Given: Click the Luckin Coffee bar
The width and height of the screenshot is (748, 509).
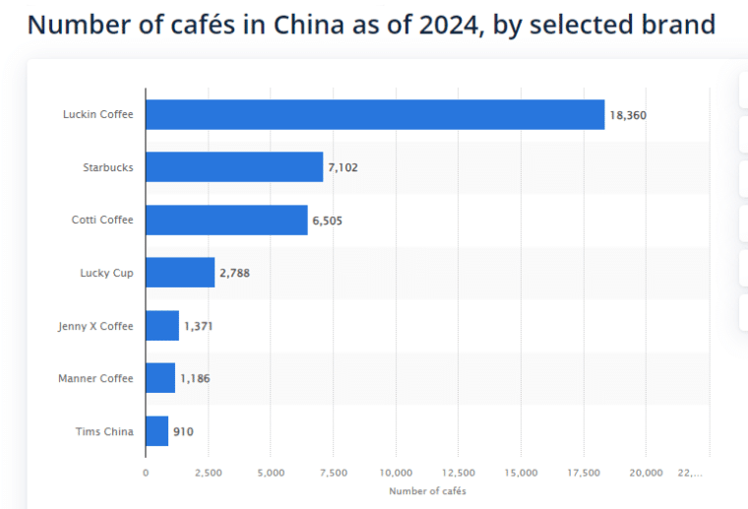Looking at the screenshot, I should tap(375, 114).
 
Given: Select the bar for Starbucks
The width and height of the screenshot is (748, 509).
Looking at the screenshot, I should tap(234, 167).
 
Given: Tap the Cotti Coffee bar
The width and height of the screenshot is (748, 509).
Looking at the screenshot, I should tap(226, 221).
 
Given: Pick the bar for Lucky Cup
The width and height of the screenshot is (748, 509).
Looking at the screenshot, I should tap(180, 273).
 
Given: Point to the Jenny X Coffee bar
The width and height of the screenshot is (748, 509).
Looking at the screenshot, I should tap(162, 326).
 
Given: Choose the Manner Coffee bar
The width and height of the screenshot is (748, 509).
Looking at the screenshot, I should tap(160, 378).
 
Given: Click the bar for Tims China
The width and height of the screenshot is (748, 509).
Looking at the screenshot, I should tap(157, 431).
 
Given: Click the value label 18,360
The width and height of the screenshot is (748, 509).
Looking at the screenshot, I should tap(628, 115).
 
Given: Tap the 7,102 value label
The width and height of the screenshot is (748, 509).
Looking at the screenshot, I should tap(343, 168).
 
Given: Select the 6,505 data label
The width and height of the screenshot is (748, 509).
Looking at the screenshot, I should tap(328, 221).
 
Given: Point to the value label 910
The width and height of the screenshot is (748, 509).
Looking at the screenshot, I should tap(184, 431).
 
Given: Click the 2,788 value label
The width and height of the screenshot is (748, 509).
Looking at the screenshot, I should tap(235, 274).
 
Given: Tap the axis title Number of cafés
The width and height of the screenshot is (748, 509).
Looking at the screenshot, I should tap(427, 490).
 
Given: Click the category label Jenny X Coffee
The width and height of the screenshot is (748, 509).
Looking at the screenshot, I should tap(95, 326).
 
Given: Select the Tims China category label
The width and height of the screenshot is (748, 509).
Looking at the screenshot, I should tap(104, 431).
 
